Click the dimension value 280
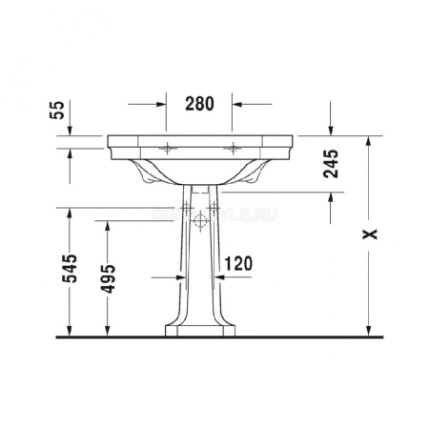point(198,102)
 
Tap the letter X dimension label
point(373,232)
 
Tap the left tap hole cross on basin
point(170,148)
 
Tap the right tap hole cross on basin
point(232,148)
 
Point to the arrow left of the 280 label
point(159,103)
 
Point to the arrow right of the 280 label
point(239,103)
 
